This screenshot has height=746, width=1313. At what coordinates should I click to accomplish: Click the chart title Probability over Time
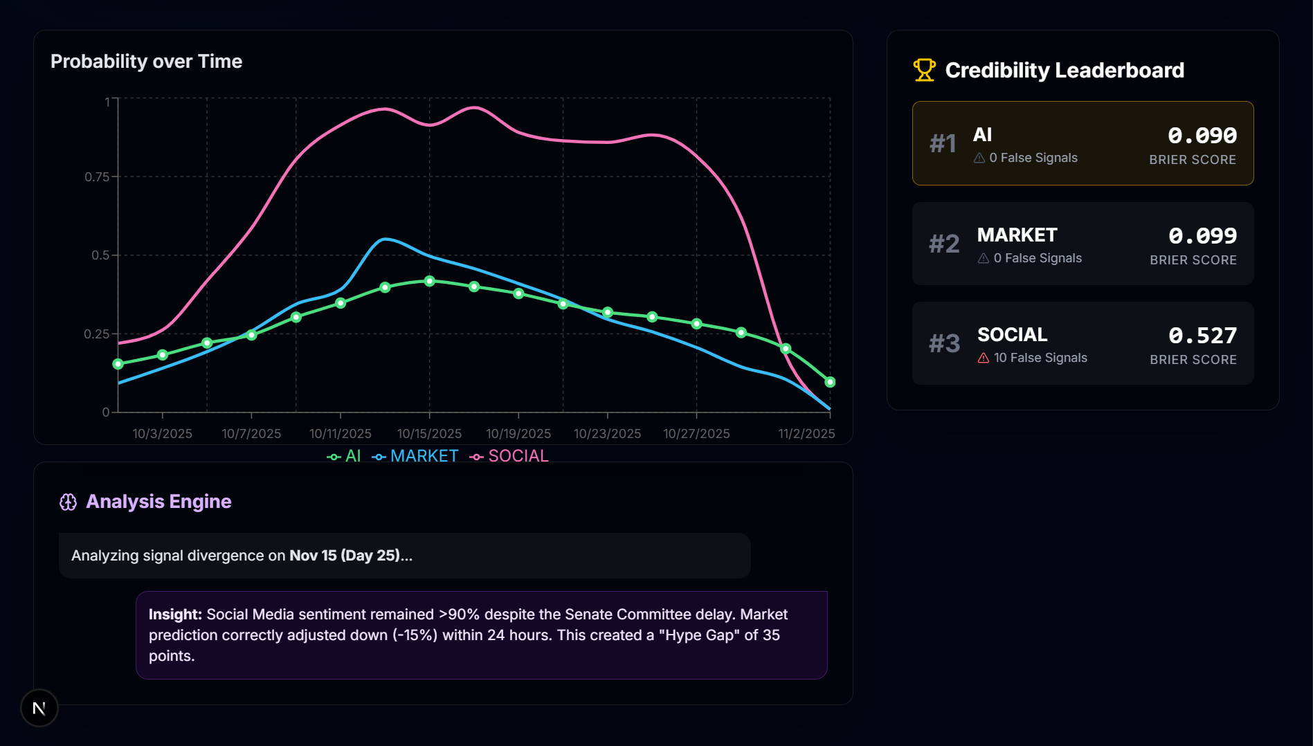(146, 62)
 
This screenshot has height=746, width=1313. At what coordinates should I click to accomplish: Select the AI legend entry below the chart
(345, 456)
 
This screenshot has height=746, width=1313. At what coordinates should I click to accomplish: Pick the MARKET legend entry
(416, 456)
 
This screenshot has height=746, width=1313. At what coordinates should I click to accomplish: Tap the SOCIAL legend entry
(509, 456)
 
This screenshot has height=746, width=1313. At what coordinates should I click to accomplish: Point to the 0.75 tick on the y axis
(97, 177)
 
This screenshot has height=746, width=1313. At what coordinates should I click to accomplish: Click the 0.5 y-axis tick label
(100, 255)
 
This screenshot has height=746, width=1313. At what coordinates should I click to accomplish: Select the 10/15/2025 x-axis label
(429, 434)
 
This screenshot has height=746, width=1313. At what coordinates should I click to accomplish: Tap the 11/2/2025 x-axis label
(806, 434)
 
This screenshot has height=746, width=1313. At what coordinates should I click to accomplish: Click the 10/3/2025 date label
(163, 434)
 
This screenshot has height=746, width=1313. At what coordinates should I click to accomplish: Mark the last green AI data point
(830, 382)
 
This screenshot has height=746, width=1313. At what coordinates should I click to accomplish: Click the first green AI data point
(118, 364)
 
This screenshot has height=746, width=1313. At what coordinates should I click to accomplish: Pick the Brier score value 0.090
(1202, 136)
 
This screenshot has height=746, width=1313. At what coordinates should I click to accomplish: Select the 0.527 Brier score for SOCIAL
(1202, 336)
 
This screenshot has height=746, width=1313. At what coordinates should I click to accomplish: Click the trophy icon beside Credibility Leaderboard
(924, 70)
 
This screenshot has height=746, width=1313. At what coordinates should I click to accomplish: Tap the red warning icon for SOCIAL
(984, 358)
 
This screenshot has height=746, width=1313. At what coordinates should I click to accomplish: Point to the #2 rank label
(944, 244)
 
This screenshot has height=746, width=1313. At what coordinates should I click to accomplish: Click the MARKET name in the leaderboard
(1017, 235)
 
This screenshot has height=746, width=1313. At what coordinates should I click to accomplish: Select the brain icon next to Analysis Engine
(68, 502)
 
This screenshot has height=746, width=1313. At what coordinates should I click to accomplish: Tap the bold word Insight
(174, 615)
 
